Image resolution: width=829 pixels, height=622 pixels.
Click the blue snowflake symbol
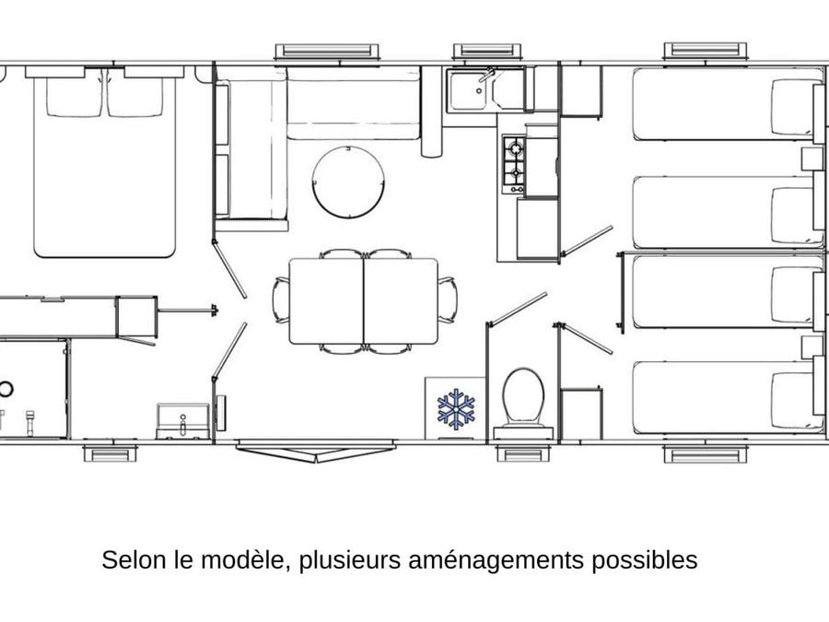(x=456, y=409)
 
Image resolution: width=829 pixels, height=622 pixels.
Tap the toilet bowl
(x=523, y=397)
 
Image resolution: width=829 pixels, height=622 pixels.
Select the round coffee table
(x=348, y=182)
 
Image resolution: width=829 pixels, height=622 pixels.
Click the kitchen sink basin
(x=470, y=90)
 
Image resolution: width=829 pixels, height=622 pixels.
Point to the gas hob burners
(x=514, y=165)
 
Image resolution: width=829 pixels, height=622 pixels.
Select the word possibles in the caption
(x=644, y=560)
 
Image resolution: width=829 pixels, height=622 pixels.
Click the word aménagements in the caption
(x=496, y=560)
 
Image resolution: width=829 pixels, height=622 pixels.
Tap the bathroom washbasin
(x=182, y=421)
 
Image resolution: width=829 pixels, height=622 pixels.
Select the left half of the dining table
(x=326, y=301)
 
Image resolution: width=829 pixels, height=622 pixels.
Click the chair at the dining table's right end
(x=448, y=299)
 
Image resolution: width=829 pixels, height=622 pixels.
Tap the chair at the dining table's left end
(x=281, y=299)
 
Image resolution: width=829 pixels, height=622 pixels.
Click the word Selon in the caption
(x=134, y=559)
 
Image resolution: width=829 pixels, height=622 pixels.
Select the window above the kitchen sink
(x=487, y=51)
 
